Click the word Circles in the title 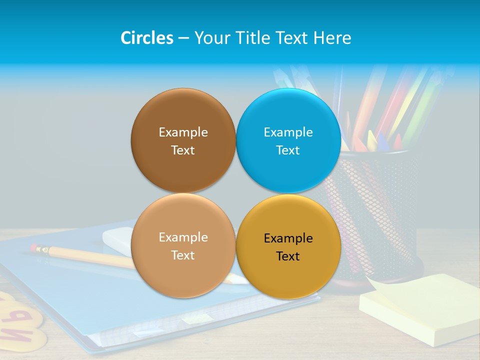[146, 37]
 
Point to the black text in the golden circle [288, 247]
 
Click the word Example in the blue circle [288, 132]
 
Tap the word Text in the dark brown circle [183, 150]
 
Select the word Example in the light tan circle [183, 237]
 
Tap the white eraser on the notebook [117, 239]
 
